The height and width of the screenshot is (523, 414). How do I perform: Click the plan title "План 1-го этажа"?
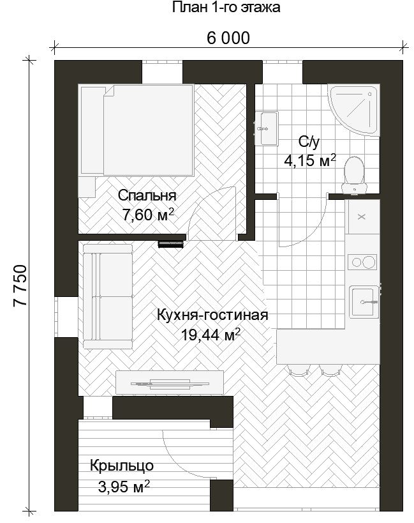pos(226,7)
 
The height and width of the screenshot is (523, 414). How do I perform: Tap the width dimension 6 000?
pos(228,38)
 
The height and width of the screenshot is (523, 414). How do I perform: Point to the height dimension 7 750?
pos(20,285)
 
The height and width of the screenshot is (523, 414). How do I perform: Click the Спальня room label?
pos(147,195)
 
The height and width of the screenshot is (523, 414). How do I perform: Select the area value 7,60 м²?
pos(148,215)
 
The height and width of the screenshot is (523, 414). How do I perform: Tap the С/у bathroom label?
pos(309,142)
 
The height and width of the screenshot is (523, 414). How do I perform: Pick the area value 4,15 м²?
pos(310,160)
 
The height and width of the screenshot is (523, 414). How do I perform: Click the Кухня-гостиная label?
pos(212,315)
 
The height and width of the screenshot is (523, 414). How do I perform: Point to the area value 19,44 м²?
pos(211,335)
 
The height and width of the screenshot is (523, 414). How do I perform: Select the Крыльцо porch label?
pos(122,466)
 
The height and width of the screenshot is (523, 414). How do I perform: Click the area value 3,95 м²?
pos(124,487)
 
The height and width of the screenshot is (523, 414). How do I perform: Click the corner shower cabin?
pos(353,110)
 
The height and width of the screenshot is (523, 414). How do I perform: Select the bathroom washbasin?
pos(267,128)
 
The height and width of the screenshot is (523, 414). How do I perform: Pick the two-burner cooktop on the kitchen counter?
pos(362,262)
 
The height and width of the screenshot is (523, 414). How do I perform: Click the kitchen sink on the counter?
pos(364,302)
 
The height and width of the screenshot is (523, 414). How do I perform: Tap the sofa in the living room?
pos(108,296)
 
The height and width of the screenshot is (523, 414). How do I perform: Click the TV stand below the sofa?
pos(170,383)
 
